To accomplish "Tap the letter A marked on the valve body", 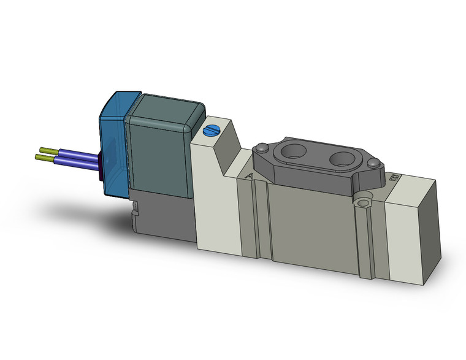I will pos(248,176).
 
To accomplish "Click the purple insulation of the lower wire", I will pos(77,163).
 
